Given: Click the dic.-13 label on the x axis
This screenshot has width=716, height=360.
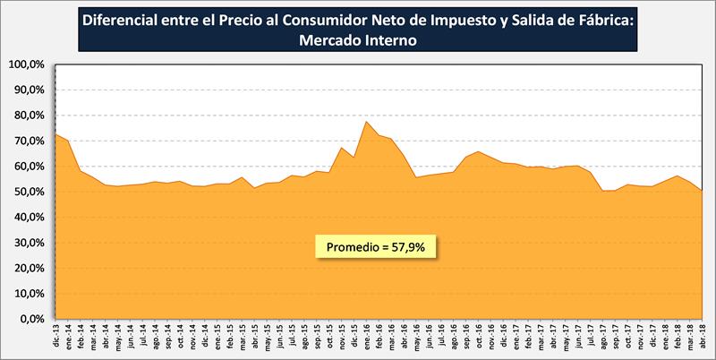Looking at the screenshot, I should tap(56, 339).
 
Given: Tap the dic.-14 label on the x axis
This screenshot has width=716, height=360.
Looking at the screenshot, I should tap(205, 339).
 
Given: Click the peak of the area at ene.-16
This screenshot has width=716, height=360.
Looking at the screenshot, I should tap(367, 121).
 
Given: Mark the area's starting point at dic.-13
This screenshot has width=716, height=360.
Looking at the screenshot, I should tap(56, 133).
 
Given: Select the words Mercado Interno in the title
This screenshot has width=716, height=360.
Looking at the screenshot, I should tap(358, 39).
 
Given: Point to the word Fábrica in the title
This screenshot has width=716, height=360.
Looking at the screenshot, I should tap(604, 19).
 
